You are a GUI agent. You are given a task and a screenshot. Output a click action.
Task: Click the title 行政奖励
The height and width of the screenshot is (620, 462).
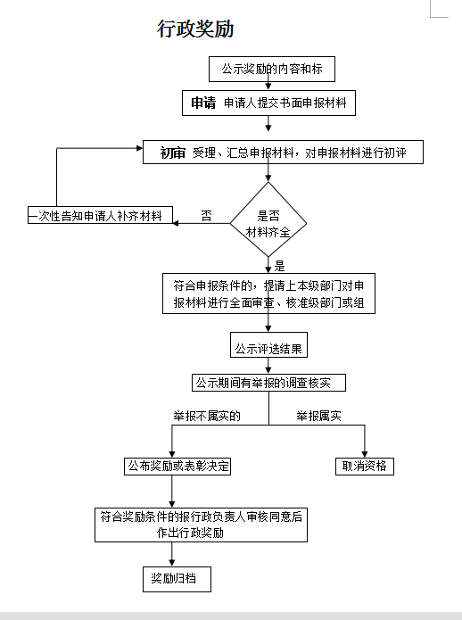195,29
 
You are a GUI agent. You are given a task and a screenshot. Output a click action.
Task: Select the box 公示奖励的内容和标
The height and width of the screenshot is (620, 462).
268,69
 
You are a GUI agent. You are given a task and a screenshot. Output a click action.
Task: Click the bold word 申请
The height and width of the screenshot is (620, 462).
202,103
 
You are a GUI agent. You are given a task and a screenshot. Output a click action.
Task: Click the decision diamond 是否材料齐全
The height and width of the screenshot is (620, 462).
268,221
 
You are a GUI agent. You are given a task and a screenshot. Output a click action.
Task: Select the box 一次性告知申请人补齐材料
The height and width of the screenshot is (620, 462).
99,216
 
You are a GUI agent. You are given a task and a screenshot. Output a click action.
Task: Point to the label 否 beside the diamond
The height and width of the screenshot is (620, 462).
206,216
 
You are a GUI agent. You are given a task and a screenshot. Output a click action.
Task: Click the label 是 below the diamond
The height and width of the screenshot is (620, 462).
279,265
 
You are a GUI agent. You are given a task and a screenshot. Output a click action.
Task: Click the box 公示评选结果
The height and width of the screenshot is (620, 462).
268,348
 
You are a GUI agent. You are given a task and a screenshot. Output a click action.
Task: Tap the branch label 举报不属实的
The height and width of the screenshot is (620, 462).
206,416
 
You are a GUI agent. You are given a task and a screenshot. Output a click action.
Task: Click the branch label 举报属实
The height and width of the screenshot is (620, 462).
319,416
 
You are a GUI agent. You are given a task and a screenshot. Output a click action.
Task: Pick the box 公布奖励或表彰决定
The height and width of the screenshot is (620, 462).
177,466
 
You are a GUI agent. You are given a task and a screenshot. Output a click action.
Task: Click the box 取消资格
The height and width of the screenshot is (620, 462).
364,466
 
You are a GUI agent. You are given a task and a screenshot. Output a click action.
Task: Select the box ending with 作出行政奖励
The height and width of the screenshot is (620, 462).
201,525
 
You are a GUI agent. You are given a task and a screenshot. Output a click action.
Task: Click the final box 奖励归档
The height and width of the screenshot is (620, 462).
177,579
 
